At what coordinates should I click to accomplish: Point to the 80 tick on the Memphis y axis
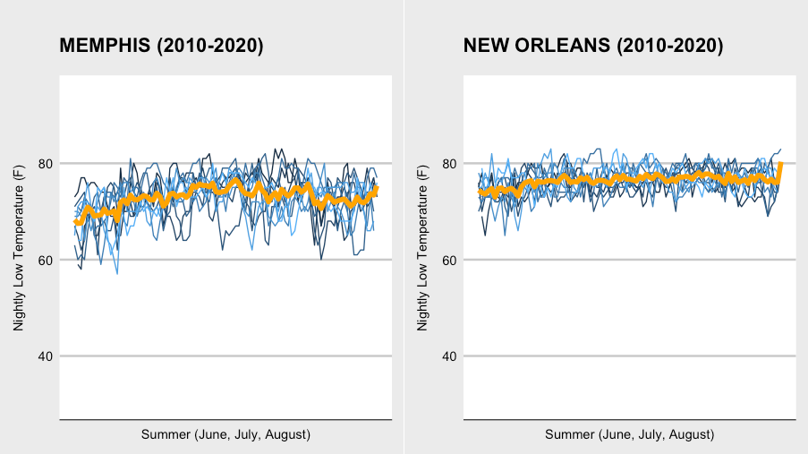click(45, 164)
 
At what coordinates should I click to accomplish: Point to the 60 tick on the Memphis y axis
click(45, 261)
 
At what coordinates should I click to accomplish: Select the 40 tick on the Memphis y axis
click(45, 356)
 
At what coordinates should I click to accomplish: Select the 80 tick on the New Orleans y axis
click(450, 164)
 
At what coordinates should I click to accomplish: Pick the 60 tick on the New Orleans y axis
click(450, 261)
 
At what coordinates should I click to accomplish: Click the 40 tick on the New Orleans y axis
click(450, 356)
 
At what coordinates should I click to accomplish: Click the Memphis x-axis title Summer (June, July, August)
click(225, 434)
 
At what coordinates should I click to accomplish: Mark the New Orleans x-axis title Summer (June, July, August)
click(630, 434)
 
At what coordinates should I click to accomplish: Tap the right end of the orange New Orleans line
click(781, 164)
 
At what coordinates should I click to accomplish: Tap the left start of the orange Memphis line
click(75, 222)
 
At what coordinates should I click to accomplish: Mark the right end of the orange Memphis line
click(377, 188)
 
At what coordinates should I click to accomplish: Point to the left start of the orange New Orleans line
click(481, 192)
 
